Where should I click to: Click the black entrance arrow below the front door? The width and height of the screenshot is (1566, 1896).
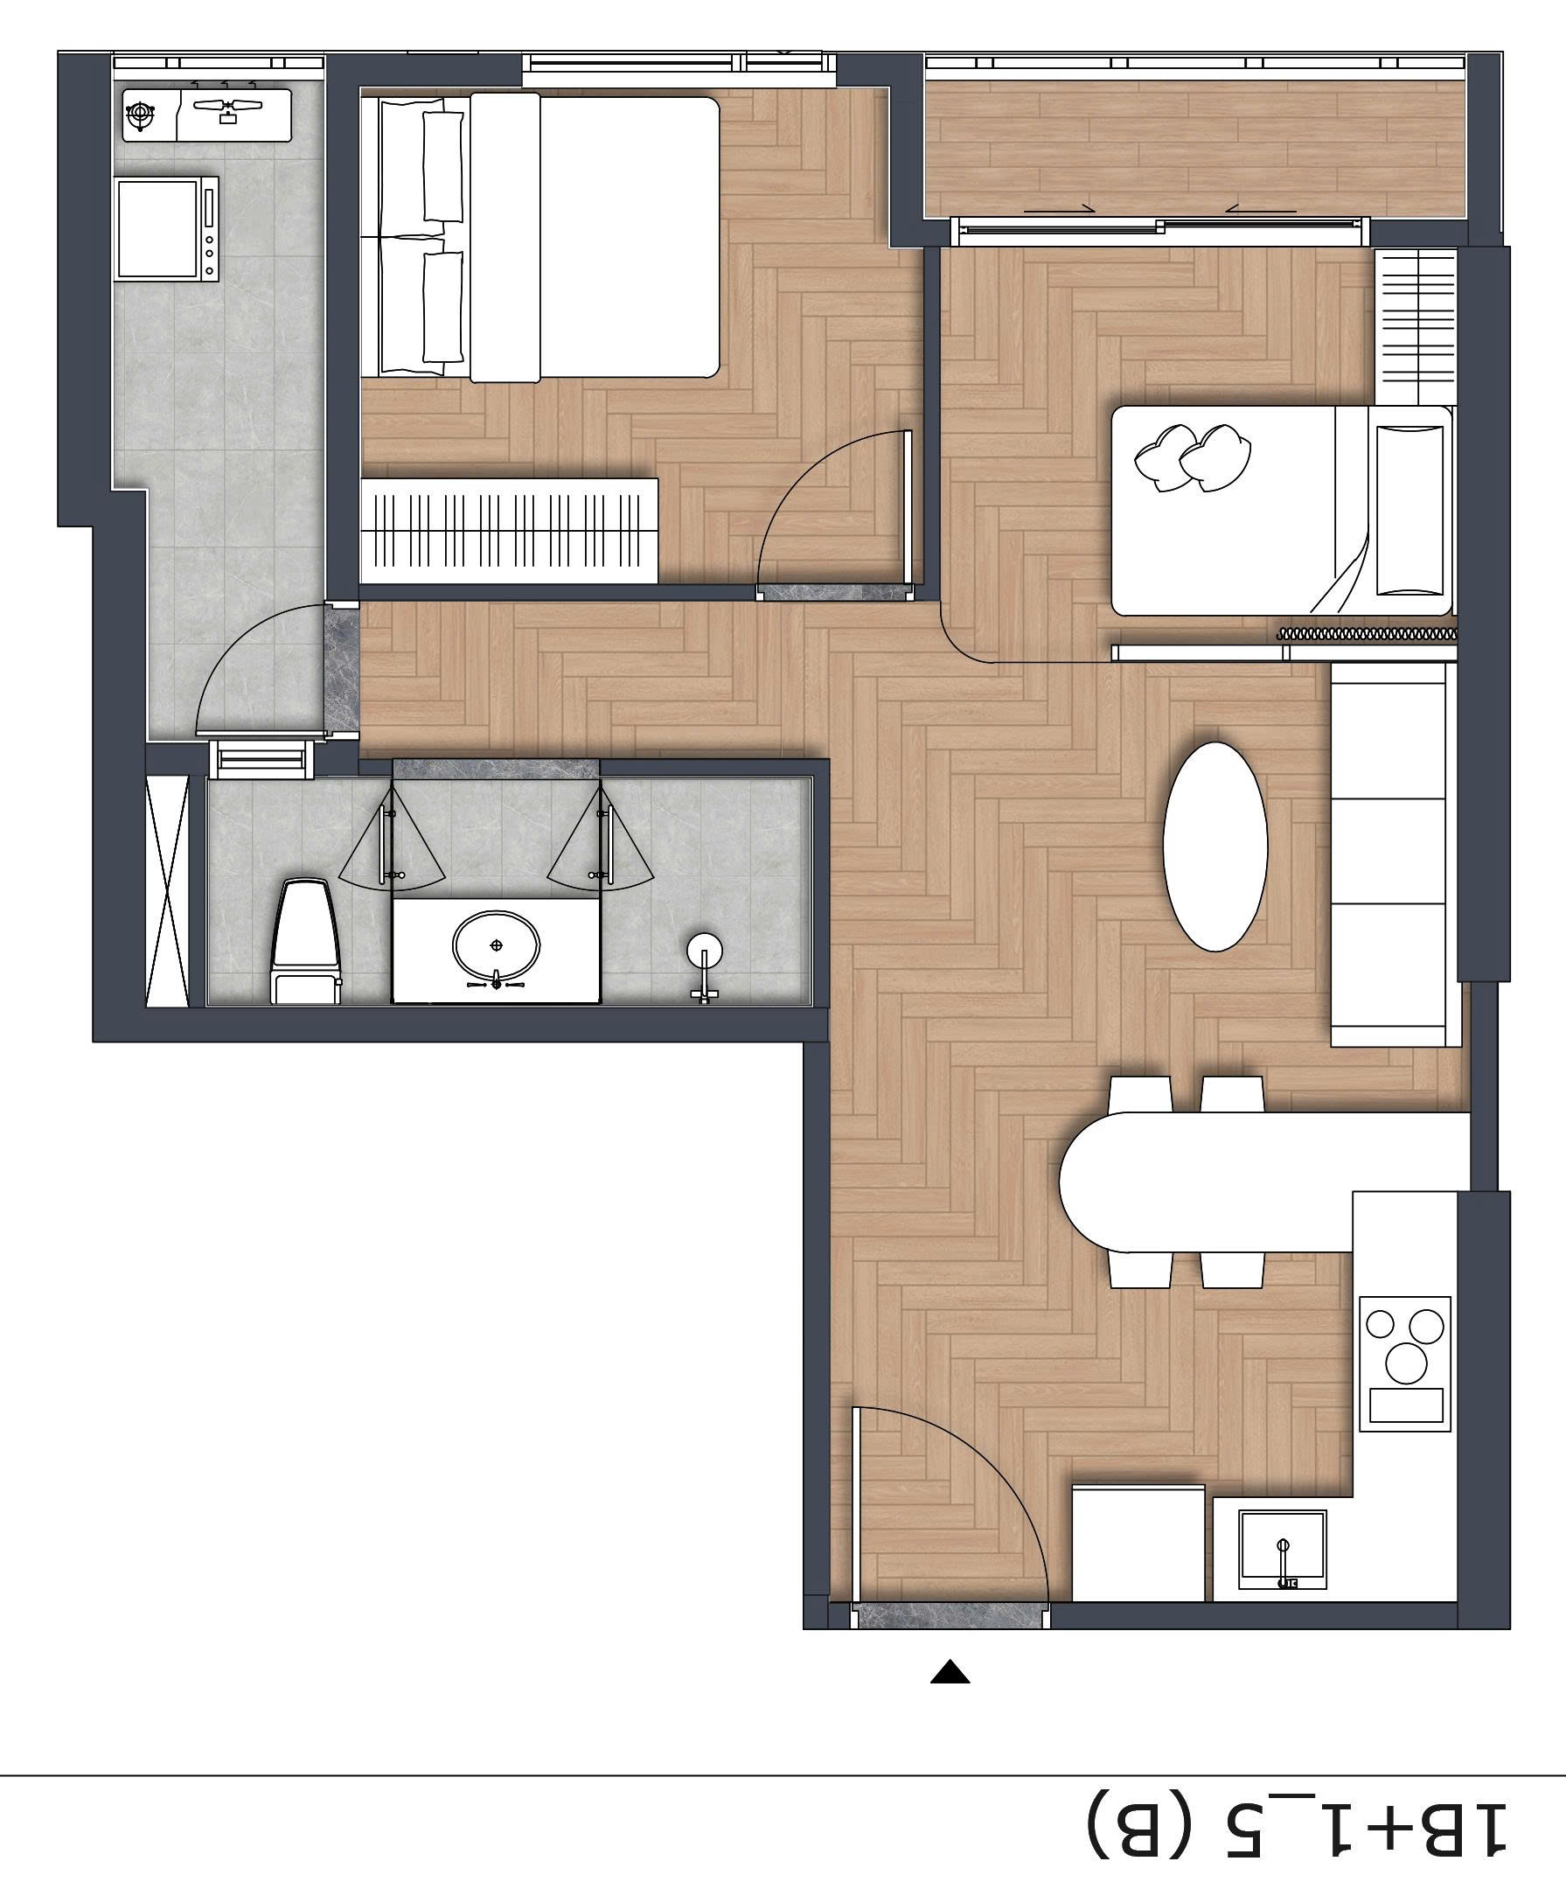pos(950,1672)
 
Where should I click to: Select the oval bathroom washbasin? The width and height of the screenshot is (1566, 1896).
pos(495,945)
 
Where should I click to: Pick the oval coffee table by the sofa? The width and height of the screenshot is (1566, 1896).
pos(1215,845)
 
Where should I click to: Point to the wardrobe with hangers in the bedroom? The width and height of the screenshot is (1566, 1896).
pos(508,529)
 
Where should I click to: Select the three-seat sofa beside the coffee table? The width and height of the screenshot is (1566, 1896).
pos(1394,854)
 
